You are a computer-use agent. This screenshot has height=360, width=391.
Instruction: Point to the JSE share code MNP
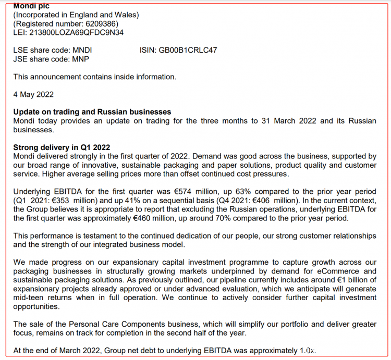(x=80, y=59)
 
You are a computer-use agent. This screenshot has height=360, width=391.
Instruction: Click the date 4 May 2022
(x=33, y=94)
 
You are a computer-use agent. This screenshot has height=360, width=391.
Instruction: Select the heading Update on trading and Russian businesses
(x=92, y=112)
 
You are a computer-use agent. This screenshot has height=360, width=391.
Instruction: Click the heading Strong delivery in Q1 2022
(x=62, y=147)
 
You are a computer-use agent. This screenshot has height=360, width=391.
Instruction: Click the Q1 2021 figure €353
(x=73, y=201)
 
